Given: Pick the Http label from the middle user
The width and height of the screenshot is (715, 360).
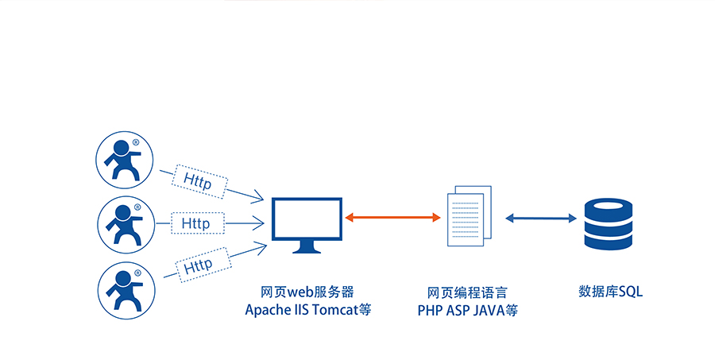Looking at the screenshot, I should click(x=195, y=224).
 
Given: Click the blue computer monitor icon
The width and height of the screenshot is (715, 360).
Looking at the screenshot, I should click(x=307, y=225).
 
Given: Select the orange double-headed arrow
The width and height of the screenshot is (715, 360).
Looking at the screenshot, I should click(x=392, y=217).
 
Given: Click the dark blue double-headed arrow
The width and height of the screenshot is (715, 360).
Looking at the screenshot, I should click(x=541, y=217).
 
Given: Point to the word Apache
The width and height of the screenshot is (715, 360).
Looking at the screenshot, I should click(x=270, y=310).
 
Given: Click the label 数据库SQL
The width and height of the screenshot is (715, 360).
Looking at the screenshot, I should click(x=610, y=292).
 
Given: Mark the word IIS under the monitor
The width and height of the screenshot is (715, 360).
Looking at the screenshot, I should click(x=304, y=310).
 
